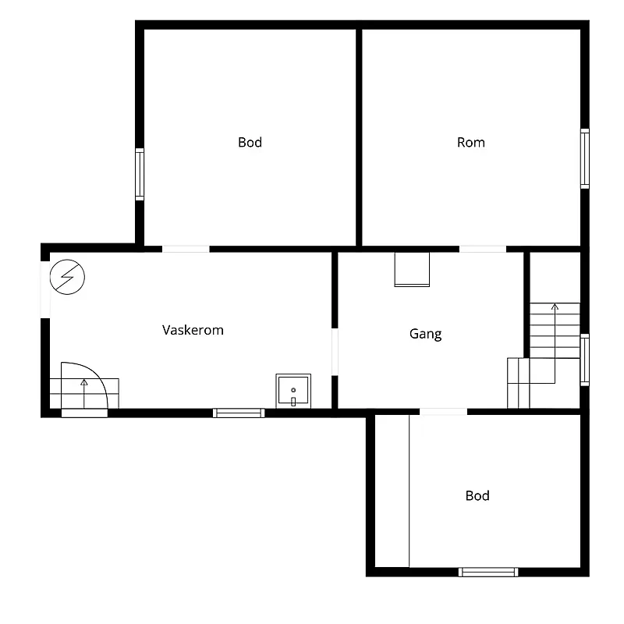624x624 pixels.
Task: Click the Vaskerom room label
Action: (x=193, y=330)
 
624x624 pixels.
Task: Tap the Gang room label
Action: (x=425, y=334)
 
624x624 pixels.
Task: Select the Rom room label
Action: (x=471, y=143)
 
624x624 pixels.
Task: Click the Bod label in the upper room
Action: (x=250, y=143)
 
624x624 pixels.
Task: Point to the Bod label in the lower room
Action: (x=477, y=496)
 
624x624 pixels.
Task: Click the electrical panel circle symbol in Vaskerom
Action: (x=67, y=277)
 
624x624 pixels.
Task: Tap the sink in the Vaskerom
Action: (x=293, y=392)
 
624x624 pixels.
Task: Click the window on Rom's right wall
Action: (x=584, y=158)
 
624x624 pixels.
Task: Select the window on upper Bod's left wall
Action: (x=140, y=174)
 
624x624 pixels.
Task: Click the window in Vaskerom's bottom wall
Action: (x=239, y=413)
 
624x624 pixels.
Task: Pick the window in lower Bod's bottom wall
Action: (x=488, y=573)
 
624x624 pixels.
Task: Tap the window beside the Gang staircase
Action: (x=584, y=360)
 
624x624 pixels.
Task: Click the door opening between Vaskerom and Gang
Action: (x=335, y=352)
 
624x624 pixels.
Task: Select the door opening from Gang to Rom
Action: (x=483, y=249)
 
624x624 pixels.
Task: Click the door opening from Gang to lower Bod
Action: (x=443, y=412)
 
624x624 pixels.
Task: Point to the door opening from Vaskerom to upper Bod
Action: (x=186, y=249)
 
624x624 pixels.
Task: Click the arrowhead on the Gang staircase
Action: (x=555, y=307)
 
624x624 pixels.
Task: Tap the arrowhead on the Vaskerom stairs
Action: (x=84, y=382)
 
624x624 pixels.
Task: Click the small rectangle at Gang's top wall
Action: (x=412, y=269)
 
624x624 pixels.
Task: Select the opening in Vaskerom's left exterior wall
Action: (x=45, y=289)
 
